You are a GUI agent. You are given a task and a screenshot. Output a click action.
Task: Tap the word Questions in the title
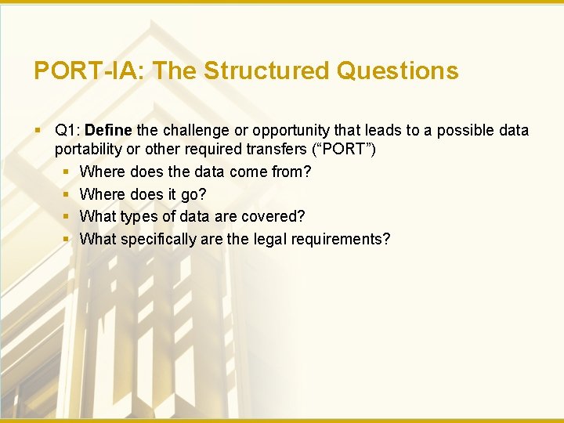pos(397,71)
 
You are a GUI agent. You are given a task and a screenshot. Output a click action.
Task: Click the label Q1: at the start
pos(68,130)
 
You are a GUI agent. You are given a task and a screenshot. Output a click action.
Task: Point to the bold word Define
pos(108,130)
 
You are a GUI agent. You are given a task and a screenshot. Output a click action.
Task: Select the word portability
pos(85,149)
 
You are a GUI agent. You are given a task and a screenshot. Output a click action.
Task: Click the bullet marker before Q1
pos(38,130)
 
